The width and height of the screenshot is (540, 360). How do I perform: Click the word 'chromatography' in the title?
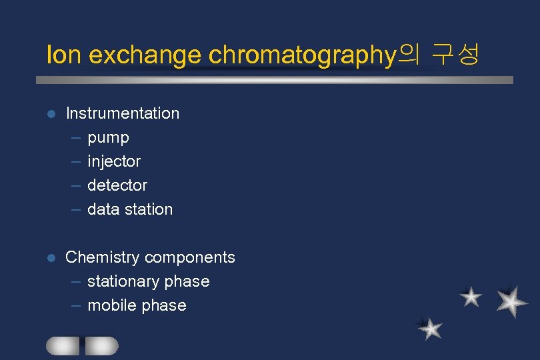(303, 56)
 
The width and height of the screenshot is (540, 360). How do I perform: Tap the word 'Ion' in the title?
(63, 55)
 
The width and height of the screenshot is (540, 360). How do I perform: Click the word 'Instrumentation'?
(123, 113)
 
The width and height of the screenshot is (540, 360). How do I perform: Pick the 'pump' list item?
(108, 138)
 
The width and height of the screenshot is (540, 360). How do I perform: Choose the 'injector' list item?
(114, 161)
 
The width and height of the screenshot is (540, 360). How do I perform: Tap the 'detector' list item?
(117, 185)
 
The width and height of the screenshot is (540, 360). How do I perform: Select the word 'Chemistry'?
(103, 257)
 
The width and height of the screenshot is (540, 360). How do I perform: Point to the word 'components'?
(190, 257)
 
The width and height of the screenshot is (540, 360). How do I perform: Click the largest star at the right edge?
(512, 301)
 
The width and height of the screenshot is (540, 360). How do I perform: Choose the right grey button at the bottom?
(101, 345)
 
